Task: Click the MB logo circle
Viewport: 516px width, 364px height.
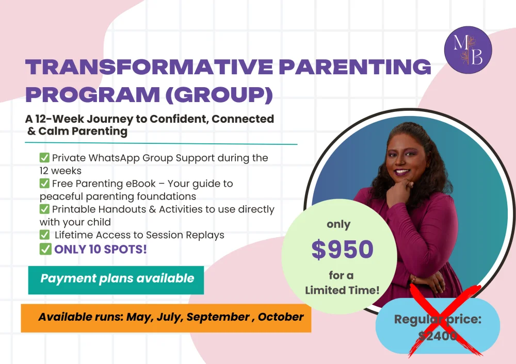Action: pos(468,49)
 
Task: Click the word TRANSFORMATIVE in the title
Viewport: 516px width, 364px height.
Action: pos(149,67)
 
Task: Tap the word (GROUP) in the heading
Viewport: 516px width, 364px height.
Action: pos(219,95)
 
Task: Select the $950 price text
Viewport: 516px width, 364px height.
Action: pos(342,249)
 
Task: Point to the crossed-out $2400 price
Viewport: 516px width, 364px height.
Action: pos(438,336)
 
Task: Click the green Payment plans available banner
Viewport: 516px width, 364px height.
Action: pos(116,280)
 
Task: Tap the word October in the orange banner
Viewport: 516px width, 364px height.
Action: pos(280,317)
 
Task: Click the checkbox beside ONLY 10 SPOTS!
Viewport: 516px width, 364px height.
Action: pos(45,249)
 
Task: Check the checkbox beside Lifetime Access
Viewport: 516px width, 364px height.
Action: pos(44,235)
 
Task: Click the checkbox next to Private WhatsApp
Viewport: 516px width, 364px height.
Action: pos(44,157)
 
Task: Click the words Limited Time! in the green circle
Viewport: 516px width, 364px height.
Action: pos(342,290)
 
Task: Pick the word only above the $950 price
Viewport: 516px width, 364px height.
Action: pos(338,225)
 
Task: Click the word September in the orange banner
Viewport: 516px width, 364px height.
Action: pos(218,317)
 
